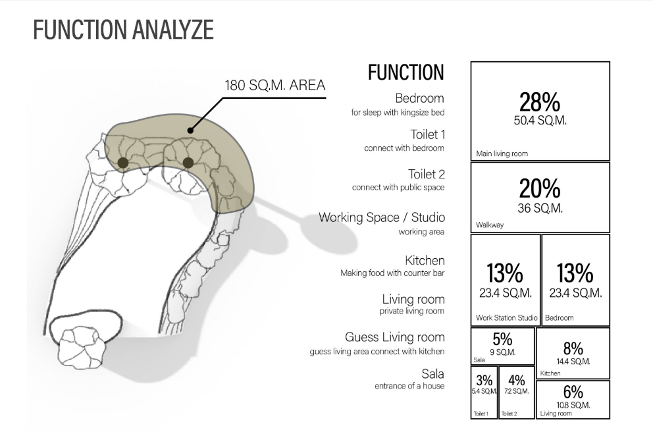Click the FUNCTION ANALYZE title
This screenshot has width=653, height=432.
tap(123, 30)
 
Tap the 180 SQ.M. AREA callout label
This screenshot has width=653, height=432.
tap(275, 86)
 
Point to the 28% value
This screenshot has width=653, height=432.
tap(540, 103)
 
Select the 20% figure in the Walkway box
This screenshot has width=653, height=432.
tap(540, 189)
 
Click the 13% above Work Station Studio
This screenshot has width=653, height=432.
tap(505, 273)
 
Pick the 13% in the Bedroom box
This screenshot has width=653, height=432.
tap(575, 273)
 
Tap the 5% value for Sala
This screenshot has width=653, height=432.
tap(503, 340)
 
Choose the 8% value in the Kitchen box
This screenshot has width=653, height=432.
tap(573, 348)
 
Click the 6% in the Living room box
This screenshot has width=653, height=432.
tap(573, 392)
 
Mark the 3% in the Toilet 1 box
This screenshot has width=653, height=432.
tap(484, 381)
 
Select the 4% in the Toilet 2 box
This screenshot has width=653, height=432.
tap(516, 381)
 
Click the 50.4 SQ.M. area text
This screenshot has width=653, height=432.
tap(540, 121)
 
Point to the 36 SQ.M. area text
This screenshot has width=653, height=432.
tap(540, 208)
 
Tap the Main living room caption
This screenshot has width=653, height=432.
tap(502, 153)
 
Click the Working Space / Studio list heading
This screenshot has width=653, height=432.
tap(382, 217)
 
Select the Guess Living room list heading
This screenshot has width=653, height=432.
tap(395, 337)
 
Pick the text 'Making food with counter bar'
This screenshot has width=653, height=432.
tap(392, 273)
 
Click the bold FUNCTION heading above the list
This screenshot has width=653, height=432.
tap(406, 72)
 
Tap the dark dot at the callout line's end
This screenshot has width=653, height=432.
tap(190, 130)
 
